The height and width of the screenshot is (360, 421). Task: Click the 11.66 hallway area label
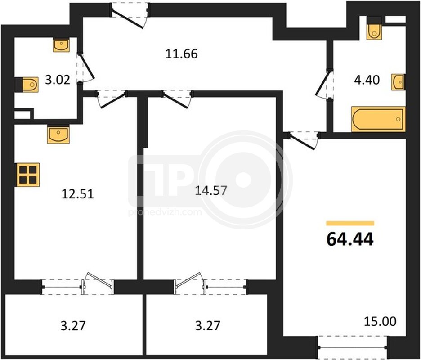click(182, 54)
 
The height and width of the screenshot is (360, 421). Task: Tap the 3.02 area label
click(58, 80)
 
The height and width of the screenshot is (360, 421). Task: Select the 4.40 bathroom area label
click(367, 80)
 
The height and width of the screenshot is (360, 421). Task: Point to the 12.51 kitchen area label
click(78, 193)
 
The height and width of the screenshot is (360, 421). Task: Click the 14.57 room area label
click(211, 190)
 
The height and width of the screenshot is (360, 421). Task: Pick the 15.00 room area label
click(380, 321)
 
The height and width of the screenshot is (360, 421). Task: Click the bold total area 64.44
click(350, 239)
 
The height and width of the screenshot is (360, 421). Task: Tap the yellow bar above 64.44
click(350, 223)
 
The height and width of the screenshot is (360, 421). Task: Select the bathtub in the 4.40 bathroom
click(378, 119)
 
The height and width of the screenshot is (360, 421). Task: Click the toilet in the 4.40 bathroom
click(374, 28)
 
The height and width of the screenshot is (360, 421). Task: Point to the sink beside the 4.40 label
click(398, 82)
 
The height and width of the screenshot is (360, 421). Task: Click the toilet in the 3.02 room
click(26, 85)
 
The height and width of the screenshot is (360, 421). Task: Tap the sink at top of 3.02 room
click(61, 45)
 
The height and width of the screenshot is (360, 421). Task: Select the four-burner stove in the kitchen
click(28, 175)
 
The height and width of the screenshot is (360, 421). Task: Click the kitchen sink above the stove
click(58, 134)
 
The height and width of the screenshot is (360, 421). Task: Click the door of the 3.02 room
click(86, 67)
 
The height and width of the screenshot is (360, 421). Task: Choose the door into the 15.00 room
click(304, 139)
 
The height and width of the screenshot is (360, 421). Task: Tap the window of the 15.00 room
click(352, 347)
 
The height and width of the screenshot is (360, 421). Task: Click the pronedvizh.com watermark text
click(165, 212)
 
